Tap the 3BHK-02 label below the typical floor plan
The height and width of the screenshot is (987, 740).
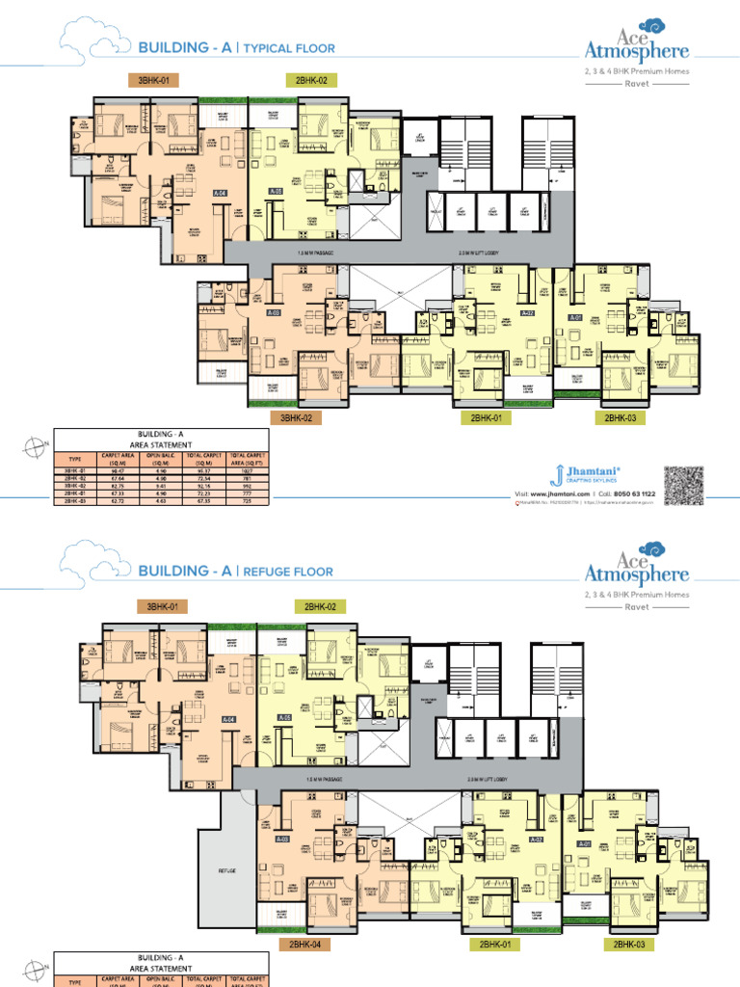coord(300,418)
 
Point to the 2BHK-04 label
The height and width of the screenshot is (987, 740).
coord(300,945)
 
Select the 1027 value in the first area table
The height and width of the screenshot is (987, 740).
coord(257,470)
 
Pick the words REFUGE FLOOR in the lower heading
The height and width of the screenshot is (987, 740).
coord(286,572)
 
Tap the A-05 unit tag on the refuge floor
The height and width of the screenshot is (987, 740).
coord(283,717)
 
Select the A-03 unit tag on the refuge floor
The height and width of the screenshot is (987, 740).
coord(282,839)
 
